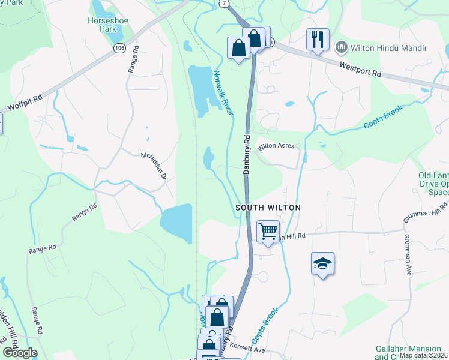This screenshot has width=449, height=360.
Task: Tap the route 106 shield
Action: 120,47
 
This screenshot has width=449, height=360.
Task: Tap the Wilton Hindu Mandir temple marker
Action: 342,46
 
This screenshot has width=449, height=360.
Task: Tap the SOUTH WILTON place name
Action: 267,207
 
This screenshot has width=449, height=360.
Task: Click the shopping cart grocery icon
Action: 268,230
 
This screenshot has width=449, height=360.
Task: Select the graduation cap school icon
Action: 322,263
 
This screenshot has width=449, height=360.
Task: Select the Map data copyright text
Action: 424,355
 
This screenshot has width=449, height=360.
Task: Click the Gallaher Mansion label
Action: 411,349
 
